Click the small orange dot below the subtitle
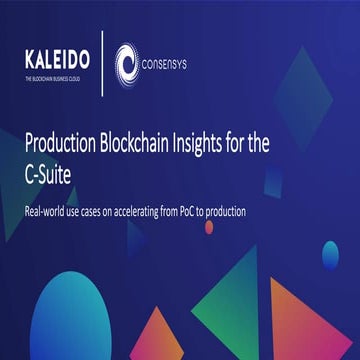tap(209, 227)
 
